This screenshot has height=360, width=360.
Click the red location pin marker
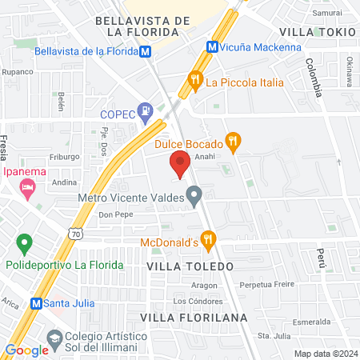click(180, 165)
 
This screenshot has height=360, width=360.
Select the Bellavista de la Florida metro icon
click(145, 51)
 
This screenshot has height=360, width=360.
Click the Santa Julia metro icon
click(35, 303)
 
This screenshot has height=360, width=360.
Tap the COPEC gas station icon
click(145, 111)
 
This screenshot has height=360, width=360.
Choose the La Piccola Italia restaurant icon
click(194, 80)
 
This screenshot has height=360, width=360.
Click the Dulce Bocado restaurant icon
click(233, 140)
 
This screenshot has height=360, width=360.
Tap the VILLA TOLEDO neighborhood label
click(190, 265)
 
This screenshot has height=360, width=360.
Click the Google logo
click(26, 350)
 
